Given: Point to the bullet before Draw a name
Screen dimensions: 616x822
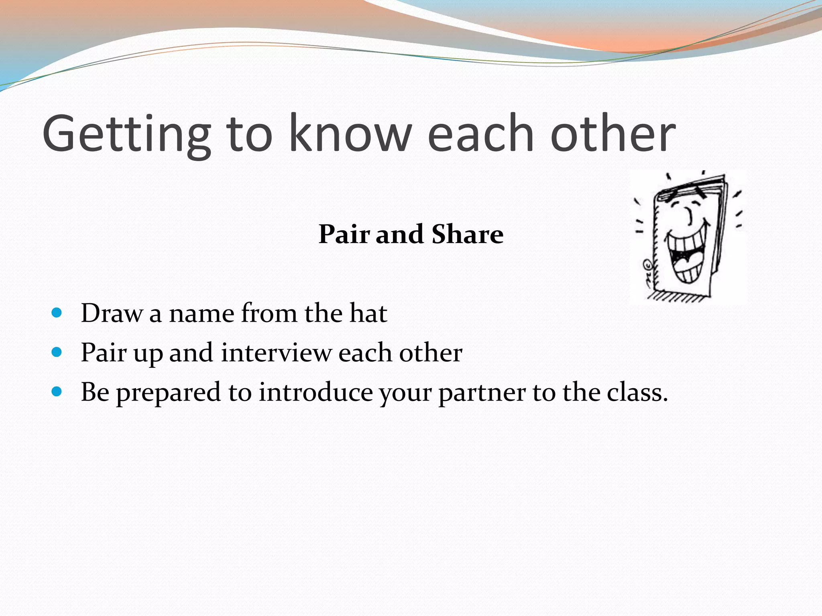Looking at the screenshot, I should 57,312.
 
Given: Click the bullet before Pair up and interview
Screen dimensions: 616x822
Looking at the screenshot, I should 57,352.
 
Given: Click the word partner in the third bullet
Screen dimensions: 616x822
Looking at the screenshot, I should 482,393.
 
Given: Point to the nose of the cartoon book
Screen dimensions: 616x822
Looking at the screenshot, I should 690,217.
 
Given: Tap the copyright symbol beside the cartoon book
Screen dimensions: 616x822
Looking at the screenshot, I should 647,265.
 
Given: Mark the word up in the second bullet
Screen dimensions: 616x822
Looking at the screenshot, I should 148,354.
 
